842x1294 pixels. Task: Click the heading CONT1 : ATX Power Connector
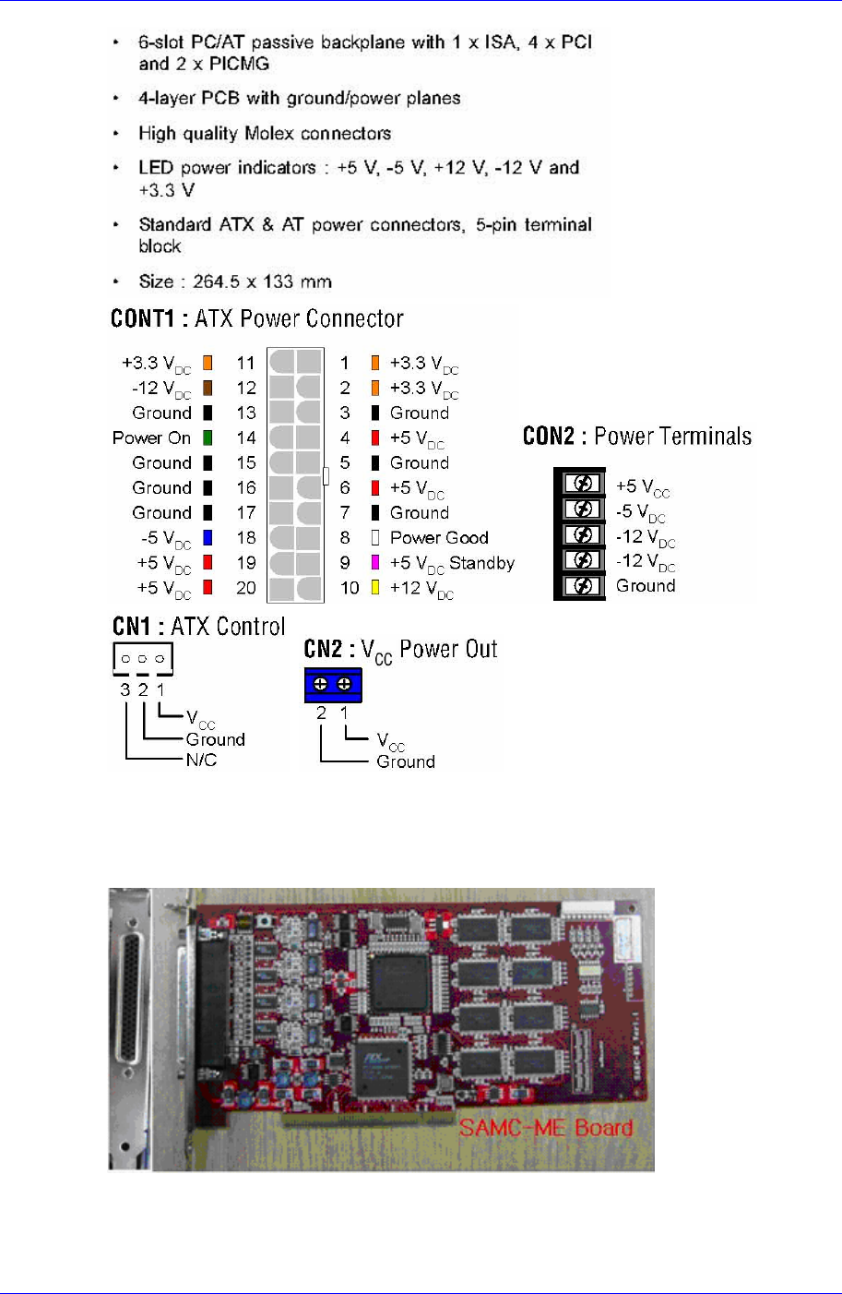(256, 319)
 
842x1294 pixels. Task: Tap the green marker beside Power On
(208, 437)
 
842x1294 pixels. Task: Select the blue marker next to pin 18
(208, 537)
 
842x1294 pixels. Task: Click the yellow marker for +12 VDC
(375, 587)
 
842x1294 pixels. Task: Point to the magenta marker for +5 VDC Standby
(375, 562)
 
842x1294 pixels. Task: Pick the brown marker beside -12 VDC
(208, 388)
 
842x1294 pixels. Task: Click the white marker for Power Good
(375, 537)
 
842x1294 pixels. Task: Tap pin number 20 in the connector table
(245, 587)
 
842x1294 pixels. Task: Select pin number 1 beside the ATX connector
(345, 363)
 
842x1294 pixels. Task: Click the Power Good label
(439, 537)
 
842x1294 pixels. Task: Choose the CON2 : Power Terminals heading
(636, 437)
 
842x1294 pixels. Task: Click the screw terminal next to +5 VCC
(582, 484)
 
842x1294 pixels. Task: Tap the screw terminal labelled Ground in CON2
(582, 585)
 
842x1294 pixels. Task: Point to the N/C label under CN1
(201, 760)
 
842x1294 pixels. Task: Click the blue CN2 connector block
(333, 684)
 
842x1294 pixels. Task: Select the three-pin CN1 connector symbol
(143, 658)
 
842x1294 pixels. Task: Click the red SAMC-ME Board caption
(546, 1128)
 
